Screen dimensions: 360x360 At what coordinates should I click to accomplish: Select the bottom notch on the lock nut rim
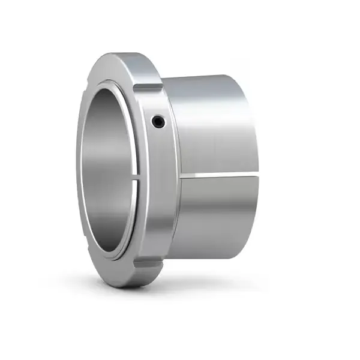148,263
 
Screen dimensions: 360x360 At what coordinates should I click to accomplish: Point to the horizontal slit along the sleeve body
219,175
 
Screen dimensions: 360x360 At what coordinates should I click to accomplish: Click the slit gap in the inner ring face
136,178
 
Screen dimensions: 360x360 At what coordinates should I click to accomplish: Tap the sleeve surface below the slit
216,216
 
